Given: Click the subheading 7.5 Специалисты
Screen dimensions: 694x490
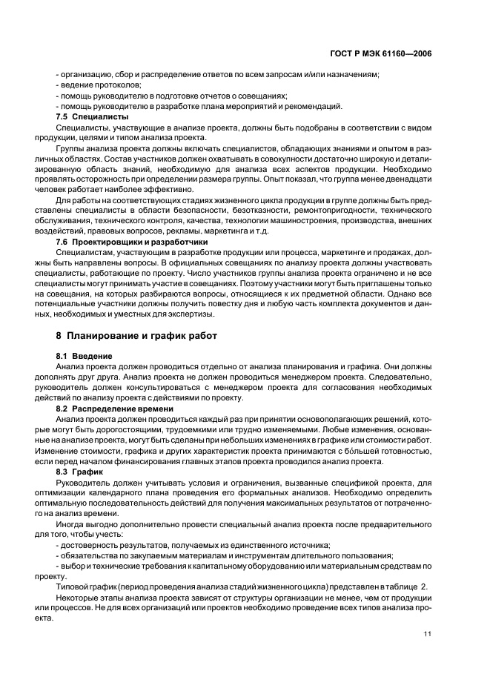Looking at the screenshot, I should [93, 116].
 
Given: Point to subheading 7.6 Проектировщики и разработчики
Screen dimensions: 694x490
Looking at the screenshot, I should [132, 242].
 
